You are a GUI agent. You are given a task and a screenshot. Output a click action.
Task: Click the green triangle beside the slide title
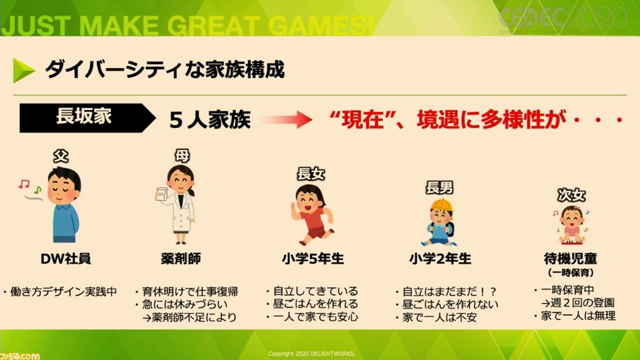tap(22, 70)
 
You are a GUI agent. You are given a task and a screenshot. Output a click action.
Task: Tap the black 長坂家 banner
tap(85, 117)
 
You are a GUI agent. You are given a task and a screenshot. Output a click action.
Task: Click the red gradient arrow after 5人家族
tap(287, 119)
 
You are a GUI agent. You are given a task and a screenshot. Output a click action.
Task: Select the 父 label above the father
tap(61, 156)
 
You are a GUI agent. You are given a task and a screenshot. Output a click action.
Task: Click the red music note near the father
tap(24, 183)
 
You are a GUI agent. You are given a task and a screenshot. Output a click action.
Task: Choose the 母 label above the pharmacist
tap(182, 155)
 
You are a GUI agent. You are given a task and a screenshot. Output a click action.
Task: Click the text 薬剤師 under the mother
tap(181, 258)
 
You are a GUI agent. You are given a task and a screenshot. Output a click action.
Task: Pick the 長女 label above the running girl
tap(311, 173)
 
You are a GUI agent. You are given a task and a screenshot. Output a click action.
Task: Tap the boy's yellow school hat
tap(441, 205)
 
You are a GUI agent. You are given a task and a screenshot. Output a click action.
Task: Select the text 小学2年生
tap(440, 258)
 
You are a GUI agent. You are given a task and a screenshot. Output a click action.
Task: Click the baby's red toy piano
tap(571, 242)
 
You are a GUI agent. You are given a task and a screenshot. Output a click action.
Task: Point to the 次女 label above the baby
tap(571, 195)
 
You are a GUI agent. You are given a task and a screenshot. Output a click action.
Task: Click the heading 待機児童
tap(570, 258)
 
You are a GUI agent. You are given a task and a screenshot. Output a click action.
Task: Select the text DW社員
tap(65, 258)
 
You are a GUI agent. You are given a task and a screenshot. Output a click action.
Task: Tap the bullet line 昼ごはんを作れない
tap(450, 304)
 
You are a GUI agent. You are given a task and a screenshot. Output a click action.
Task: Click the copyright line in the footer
tap(311, 353)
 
